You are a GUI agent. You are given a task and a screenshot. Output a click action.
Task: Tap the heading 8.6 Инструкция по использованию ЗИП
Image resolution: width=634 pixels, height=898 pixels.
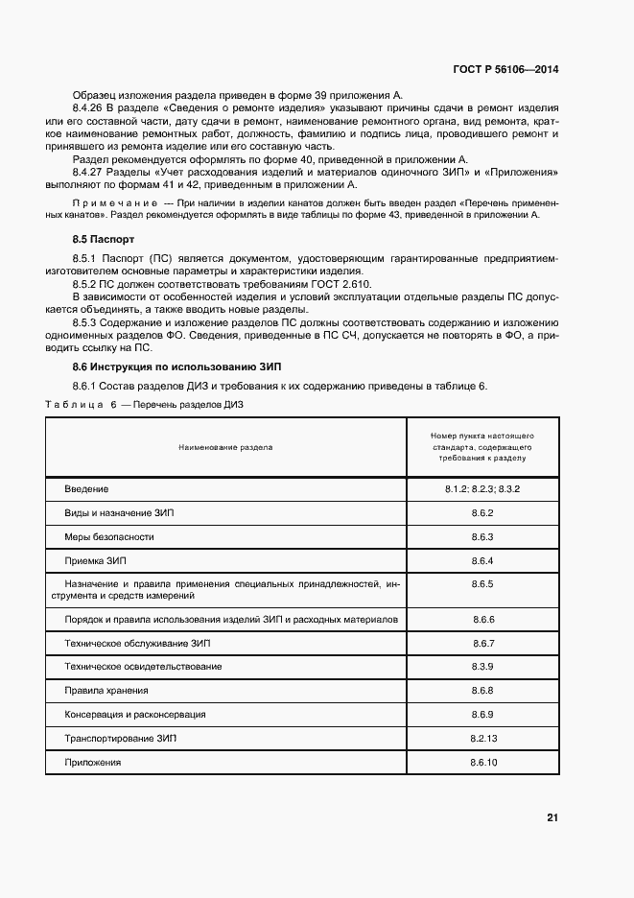coord(162,367)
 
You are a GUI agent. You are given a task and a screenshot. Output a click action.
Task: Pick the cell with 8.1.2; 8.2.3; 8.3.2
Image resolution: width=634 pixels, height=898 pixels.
coord(481,489)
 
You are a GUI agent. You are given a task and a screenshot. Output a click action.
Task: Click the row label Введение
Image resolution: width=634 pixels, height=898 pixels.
coord(86,489)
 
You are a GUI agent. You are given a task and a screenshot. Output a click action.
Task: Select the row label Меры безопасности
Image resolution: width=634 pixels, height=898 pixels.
coord(108,536)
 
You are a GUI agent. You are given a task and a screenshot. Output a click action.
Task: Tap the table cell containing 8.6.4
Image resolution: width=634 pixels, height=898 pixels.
coord(481,560)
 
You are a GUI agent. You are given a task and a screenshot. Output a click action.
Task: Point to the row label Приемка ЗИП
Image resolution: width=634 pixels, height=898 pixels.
coord(95,560)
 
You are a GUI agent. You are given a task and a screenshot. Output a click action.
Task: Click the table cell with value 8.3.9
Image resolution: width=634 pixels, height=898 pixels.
coord(481,666)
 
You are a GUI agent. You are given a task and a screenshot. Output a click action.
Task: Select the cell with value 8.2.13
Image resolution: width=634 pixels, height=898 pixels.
coord(481,738)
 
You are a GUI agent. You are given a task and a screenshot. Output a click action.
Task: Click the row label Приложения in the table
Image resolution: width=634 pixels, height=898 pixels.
coord(93,762)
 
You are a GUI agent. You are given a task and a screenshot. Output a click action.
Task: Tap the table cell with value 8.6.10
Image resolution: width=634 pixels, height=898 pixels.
coord(481,762)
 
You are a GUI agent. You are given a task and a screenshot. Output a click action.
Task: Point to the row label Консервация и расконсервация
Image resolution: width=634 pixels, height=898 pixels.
coord(135,715)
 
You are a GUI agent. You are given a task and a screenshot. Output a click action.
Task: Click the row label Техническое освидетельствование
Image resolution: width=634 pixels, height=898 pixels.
coord(143,666)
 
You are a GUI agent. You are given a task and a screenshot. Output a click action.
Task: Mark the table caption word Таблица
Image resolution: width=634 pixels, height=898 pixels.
coord(74,405)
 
